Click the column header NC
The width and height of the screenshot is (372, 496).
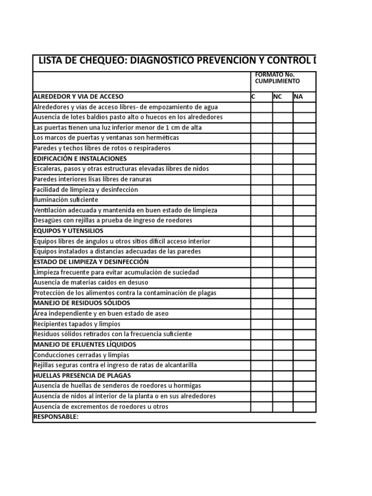pos(278,96)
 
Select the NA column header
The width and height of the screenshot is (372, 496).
pos(298,96)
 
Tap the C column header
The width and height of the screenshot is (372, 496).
pos(253,96)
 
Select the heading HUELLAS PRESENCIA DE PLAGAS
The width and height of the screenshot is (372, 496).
pos(82,375)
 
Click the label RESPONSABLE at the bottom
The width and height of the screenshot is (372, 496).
pos(56,417)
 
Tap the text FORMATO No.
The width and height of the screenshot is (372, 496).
pos(275,75)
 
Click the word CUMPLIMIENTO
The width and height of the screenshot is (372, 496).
pos(278,81)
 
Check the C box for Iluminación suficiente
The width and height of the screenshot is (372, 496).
pos(261,200)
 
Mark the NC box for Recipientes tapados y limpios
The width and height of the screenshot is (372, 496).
pos(282,324)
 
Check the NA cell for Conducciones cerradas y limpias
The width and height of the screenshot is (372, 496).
pos(304,355)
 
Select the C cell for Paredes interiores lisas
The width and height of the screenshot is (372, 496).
pos(261,179)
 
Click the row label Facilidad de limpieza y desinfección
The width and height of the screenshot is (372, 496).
pos(86,189)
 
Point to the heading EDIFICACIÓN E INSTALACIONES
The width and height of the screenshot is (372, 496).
pos(80,158)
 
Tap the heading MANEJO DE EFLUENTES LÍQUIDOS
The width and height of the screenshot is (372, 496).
pos(85,344)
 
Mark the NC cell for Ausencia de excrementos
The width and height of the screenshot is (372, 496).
pos(282,406)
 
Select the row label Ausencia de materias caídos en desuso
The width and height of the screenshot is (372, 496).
pos(91,282)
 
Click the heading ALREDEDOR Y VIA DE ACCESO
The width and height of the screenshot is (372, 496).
pos(81,96)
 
